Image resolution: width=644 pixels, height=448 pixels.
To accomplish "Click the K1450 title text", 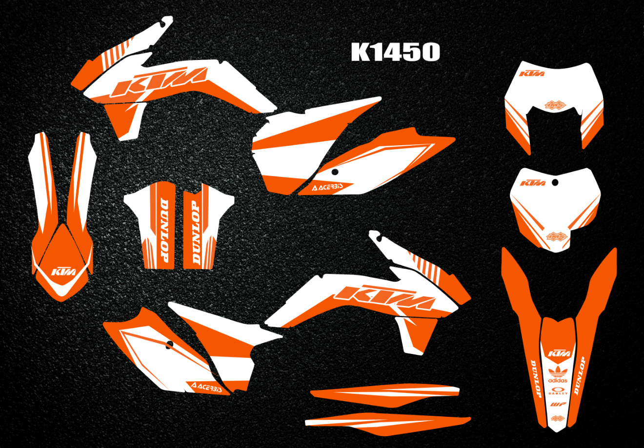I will (x=396, y=52).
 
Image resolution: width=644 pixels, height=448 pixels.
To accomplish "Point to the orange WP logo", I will (x=557, y=405).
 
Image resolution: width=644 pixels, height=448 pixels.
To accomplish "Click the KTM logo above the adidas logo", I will (x=557, y=353).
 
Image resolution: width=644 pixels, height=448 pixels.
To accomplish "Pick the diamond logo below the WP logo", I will (x=557, y=418).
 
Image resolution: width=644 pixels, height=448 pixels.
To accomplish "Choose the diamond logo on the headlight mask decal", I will (x=555, y=104).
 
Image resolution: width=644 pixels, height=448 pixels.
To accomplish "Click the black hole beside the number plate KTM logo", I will (x=555, y=183).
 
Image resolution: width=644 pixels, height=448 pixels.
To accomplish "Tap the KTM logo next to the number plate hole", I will (x=533, y=183).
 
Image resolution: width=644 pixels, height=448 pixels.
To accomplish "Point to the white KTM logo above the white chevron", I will (x=63, y=271).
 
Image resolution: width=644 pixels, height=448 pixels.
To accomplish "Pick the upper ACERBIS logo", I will (x=328, y=187).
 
